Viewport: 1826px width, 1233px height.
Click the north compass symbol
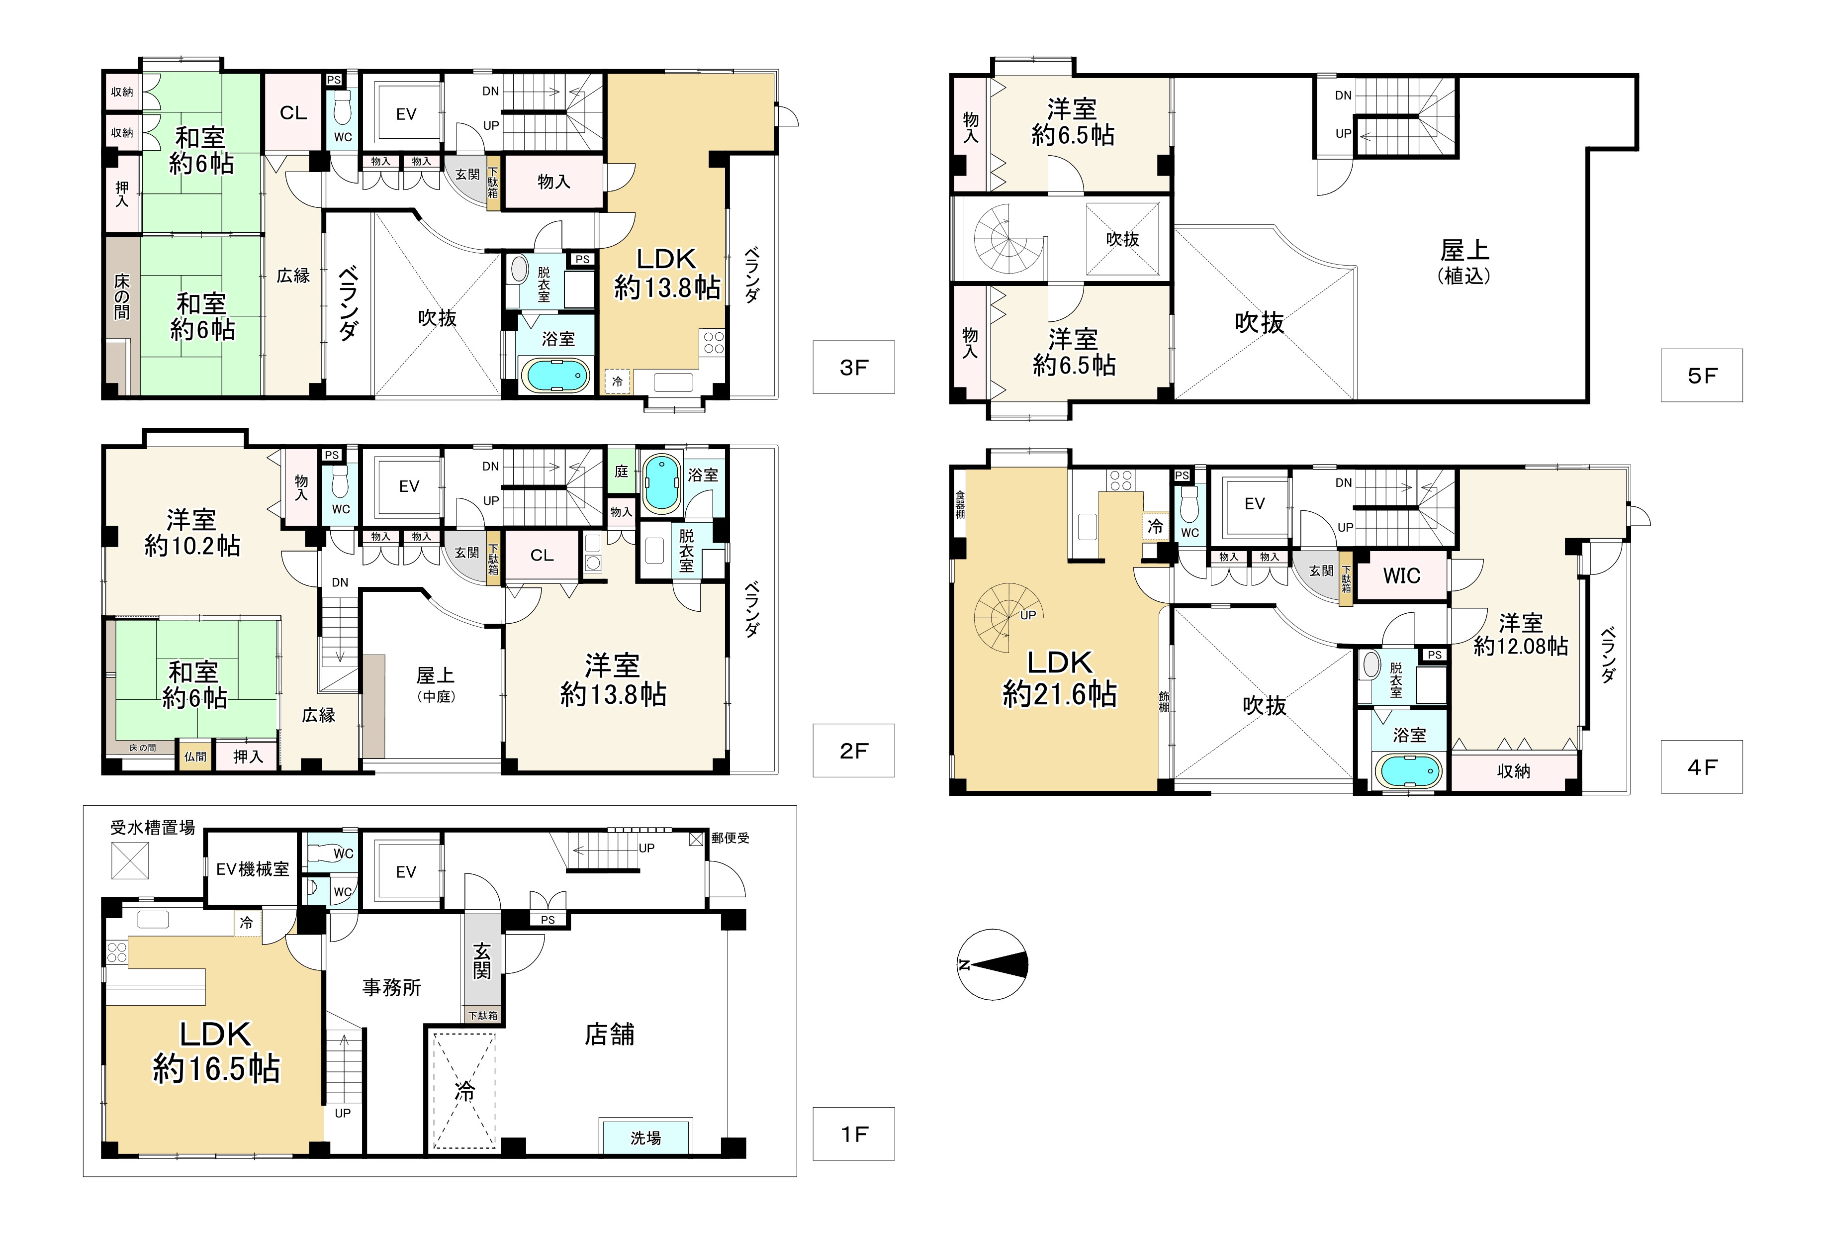tap(993, 965)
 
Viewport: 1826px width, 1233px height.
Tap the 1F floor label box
tap(853, 1134)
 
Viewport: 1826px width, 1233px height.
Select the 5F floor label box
tap(1702, 376)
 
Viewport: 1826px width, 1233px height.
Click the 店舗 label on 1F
tap(610, 1034)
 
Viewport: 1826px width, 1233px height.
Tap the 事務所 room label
tap(391, 988)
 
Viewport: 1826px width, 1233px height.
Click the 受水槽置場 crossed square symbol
tap(130, 860)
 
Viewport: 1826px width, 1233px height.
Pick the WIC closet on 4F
tap(1402, 576)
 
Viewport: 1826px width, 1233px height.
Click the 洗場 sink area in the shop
tap(645, 1137)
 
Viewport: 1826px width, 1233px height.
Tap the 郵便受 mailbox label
tap(730, 839)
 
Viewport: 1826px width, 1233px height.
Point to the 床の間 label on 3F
tap(122, 297)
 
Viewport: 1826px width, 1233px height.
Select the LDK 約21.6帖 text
tap(1059, 678)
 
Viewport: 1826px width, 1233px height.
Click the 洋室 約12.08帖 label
tap(1520, 635)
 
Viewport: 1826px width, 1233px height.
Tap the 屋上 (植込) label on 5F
tap(1464, 262)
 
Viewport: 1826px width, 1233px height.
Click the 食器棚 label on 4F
tap(960, 504)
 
